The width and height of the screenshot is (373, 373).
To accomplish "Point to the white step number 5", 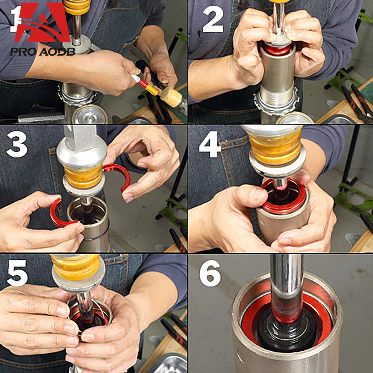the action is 17,273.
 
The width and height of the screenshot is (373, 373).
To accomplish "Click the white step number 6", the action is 210,273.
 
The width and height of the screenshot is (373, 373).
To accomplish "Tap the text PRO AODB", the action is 43,51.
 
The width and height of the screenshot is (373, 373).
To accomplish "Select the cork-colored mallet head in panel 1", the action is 171,97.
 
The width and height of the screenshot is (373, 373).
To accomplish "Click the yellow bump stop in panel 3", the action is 83,176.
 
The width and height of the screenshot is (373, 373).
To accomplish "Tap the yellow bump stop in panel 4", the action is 276,145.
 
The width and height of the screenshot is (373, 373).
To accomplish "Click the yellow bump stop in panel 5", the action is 76,267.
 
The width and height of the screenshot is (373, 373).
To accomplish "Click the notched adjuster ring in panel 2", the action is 276,103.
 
